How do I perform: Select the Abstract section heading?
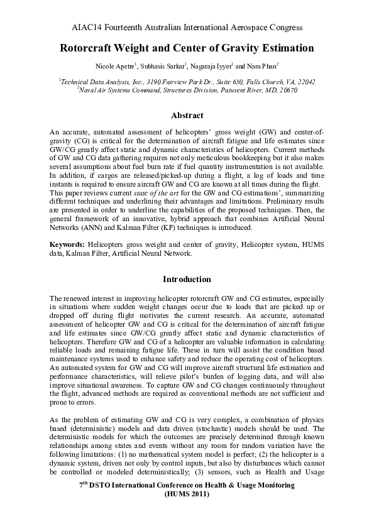[187, 116]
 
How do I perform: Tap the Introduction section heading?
[187, 278]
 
